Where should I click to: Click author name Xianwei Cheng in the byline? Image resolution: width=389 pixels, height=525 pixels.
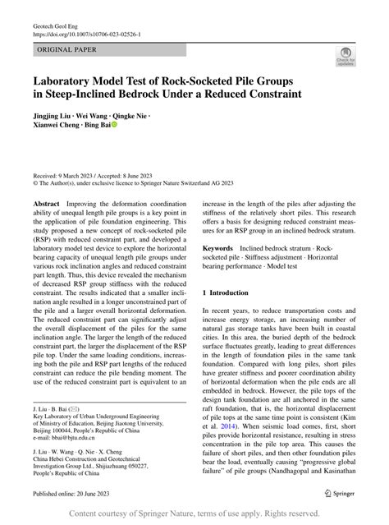pyautogui.click(x=61, y=127)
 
